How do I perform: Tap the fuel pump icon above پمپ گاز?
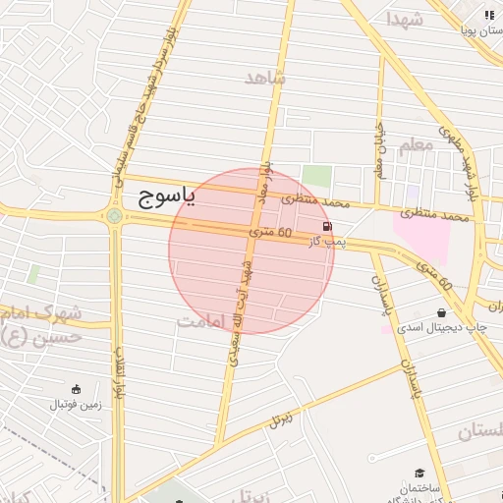click(327, 227)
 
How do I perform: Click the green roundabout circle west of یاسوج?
click(115, 216)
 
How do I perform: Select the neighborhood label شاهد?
click(265, 78)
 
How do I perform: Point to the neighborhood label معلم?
click(416, 145)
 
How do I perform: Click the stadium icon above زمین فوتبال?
click(77, 389)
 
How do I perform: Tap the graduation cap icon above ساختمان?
click(420, 474)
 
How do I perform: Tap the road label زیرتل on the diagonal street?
click(282, 419)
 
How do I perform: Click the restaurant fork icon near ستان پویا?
click(489, 15)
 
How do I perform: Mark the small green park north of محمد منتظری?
click(316, 177)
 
